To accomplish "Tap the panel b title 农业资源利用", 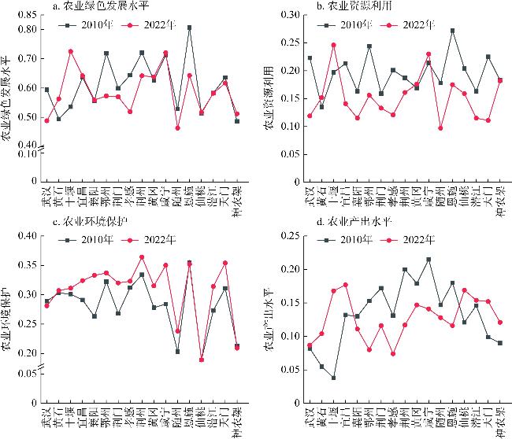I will (x=354, y=7).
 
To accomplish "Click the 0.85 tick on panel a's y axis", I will (x=26, y=15).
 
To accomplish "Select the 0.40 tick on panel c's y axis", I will (x=26, y=235).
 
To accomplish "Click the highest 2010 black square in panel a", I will (x=189, y=28).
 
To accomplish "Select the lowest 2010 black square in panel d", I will (x=333, y=378).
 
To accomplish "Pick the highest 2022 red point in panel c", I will (x=142, y=256).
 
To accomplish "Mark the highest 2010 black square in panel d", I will (x=429, y=260).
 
